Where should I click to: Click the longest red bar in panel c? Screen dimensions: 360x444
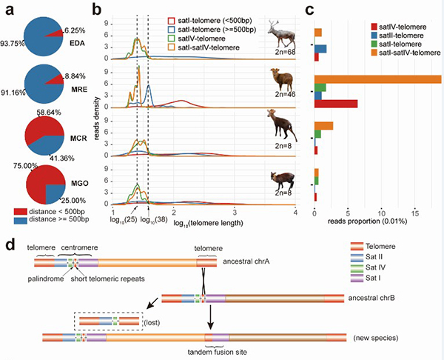pos(337,104)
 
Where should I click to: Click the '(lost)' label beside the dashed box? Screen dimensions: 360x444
pos(156,322)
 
